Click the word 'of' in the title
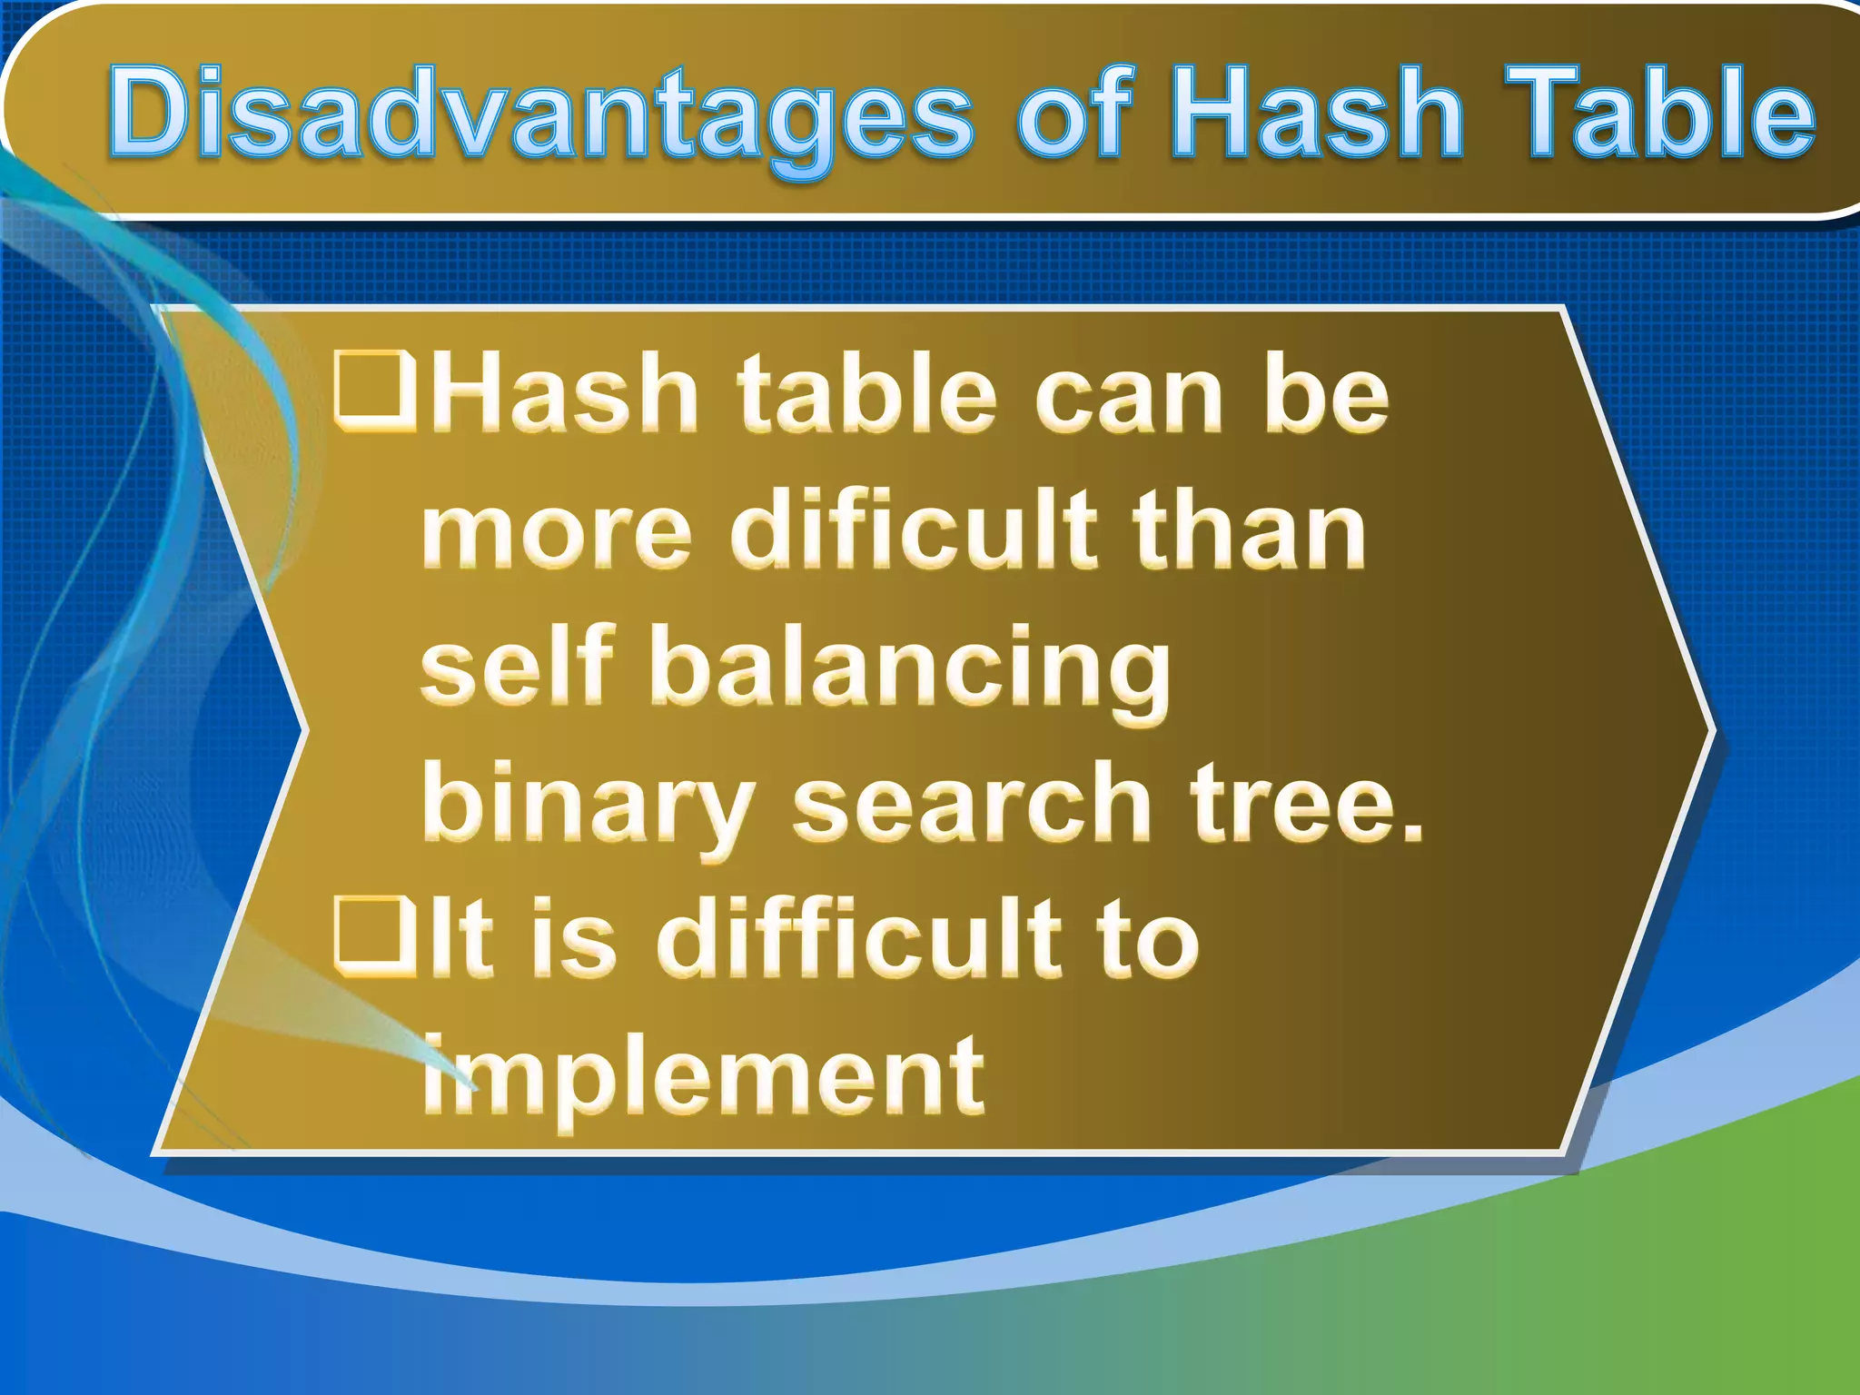coord(1076,114)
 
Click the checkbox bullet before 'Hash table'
coord(374,392)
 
